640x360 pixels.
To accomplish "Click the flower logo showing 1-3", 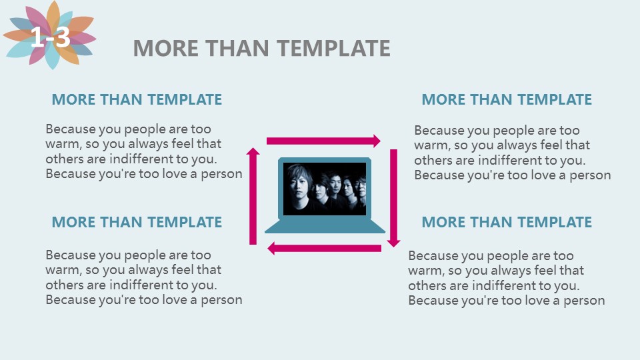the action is [50, 35].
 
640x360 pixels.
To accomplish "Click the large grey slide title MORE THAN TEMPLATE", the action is [261, 48].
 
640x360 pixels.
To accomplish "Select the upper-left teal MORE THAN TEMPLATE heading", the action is [137, 99].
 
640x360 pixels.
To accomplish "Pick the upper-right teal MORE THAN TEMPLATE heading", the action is [507, 99].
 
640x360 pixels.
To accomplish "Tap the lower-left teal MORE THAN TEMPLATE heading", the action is [137, 222].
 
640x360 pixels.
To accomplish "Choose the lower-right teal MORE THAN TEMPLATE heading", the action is [507, 222].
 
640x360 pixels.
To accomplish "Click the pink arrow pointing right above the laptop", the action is [323, 141].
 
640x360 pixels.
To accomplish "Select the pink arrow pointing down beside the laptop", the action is [393, 198].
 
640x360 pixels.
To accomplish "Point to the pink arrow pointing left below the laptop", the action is [324, 248].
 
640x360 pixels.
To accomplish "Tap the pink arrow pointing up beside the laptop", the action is [253, 196].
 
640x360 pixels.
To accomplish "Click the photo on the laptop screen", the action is [325, 189].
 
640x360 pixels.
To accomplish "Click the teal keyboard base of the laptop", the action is [325, 226].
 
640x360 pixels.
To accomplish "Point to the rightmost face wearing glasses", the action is [361, 186].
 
